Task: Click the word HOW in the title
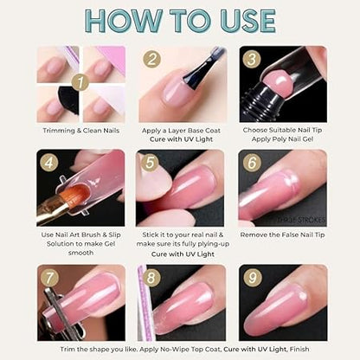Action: click(109, 22)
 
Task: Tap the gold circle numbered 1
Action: click(79, 84)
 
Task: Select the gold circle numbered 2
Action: click(152, 60)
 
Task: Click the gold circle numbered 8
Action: click(152, 279)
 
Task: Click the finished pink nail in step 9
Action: click(286, 307)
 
